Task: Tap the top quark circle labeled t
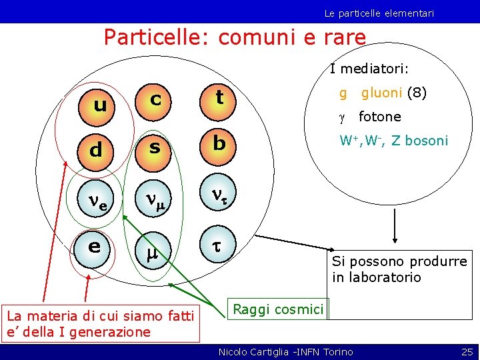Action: (219, 99)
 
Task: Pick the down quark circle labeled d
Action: (95, 150)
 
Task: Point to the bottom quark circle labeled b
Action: (219, 144)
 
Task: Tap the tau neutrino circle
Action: (219, 193)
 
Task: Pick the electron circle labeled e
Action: (95, 246)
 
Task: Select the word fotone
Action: (379, 117)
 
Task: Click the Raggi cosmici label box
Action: (277, 309)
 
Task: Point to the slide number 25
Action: (467, 351)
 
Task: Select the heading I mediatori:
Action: (369, 69)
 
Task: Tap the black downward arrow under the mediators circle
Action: (395, 227)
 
